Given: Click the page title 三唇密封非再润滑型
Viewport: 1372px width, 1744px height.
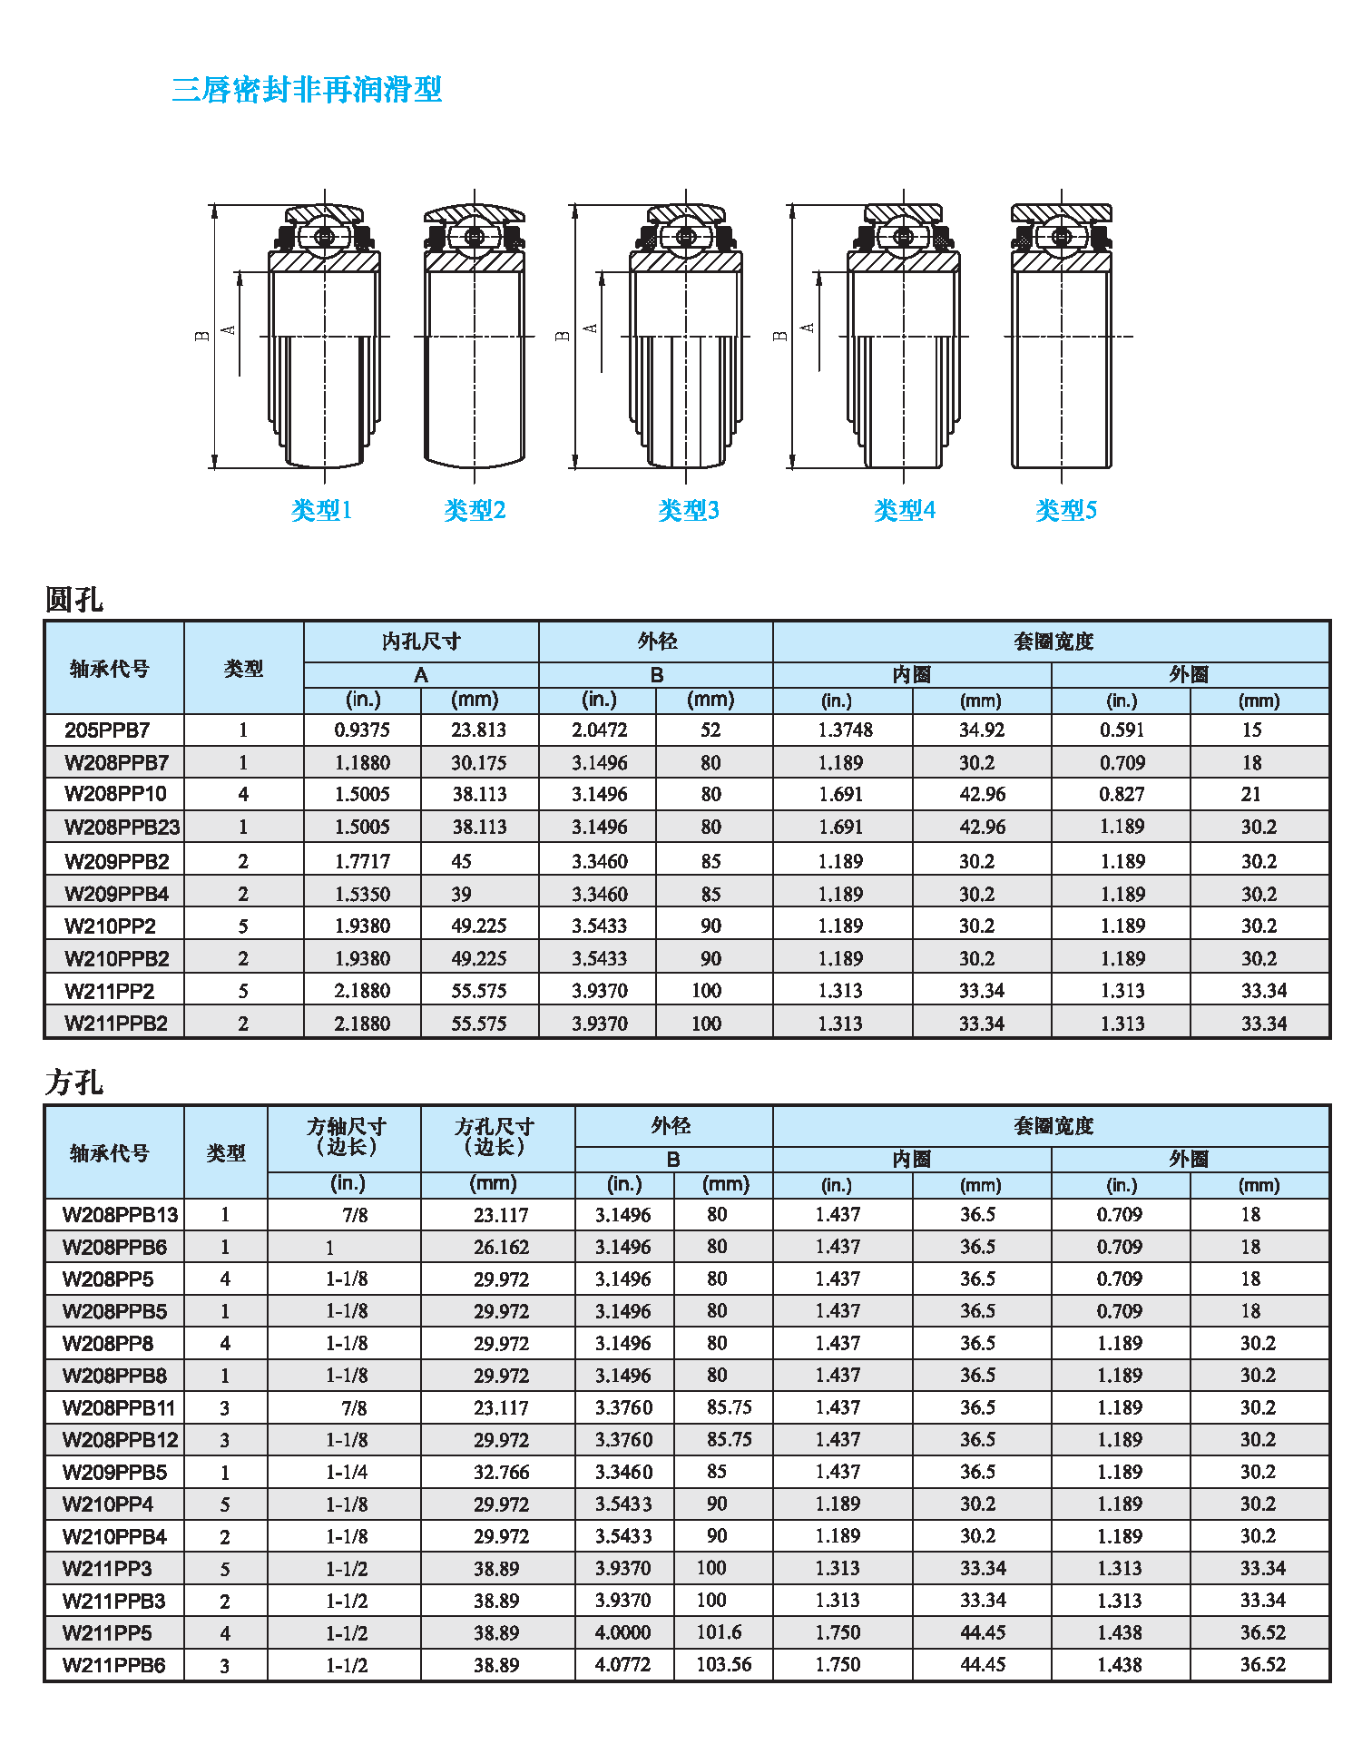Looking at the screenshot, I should (x=307, y=90).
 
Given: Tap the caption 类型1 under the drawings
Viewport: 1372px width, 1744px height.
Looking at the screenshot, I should (x=321, y=511).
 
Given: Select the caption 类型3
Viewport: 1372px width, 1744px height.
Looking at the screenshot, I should (x=688, y=511).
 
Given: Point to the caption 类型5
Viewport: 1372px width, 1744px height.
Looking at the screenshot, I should (x=1066, y=511).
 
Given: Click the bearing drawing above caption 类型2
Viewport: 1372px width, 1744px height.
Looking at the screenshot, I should (x=475, y=336).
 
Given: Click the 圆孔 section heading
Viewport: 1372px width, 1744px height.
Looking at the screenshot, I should (x=73, y=600).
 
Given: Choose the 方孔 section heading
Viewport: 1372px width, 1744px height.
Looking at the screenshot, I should (x=73, y=1083).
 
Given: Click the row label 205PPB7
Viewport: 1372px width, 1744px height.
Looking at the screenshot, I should (x=107, y=730).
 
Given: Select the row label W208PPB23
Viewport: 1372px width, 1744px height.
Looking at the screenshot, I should (x=122, y=827).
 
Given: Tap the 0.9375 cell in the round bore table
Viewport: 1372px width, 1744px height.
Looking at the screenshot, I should (x=362, y=730).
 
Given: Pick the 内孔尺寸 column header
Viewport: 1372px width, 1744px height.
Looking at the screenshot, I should (x=421, y=642).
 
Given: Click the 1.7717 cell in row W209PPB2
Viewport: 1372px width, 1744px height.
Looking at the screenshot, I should (x=362, y=861).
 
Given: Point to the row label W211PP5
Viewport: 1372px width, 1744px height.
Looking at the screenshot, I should (x=107, y=1633).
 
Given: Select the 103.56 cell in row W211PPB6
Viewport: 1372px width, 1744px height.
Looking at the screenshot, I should (x=723, y=1665).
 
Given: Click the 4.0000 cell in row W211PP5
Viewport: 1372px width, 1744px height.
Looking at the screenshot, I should (x=622, y=1633).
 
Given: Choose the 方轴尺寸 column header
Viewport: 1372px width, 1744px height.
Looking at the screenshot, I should (x=346, y=1136).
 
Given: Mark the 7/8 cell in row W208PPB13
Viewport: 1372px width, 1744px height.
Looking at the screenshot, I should (x=355, y=1215).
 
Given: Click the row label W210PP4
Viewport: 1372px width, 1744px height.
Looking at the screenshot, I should (x=107, y=1504).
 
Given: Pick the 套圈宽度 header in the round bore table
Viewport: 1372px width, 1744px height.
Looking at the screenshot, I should (x=1053, y=642).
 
